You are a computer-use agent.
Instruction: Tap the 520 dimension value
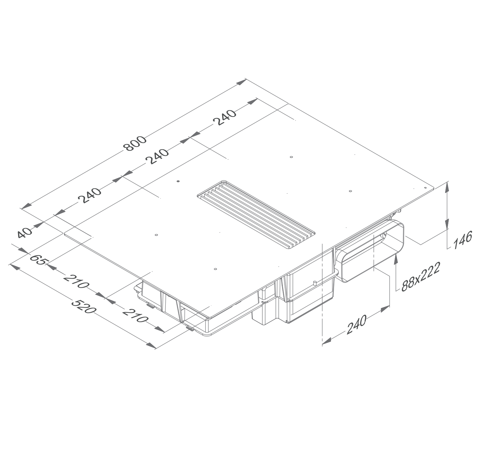[84, 306]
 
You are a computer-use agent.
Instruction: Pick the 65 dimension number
[37, 259]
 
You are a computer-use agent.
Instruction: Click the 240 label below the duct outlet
[357, 324]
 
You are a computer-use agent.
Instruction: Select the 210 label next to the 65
[76, 281]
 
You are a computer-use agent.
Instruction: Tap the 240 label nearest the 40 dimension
[89, 196]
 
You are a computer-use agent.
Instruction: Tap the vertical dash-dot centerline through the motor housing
[322, 291]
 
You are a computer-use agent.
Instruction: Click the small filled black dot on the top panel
[178, 181]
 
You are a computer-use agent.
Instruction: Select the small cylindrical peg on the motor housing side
[314, 283]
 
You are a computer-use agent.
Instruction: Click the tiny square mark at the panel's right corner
[425, 188]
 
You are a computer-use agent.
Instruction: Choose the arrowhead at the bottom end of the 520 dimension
[151, 345]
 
